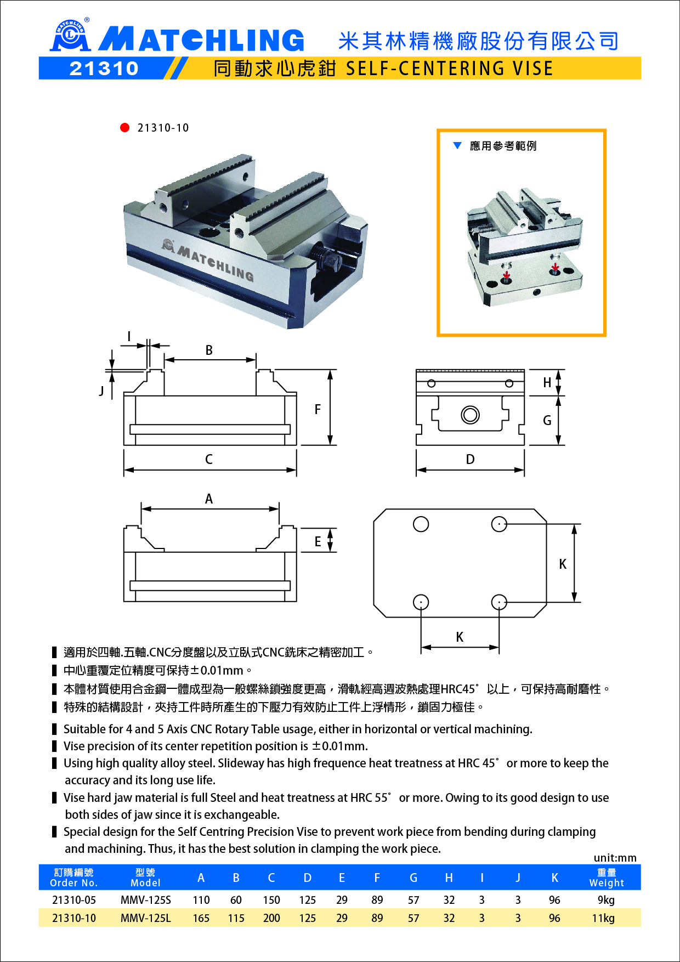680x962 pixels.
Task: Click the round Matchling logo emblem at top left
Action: pos(70,35)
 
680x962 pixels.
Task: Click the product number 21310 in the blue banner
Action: pos(104,69)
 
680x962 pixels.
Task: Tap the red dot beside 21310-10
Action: pos(124,128)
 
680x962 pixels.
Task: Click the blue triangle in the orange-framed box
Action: pos(457,145)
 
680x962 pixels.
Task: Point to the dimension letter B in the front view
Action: pos(209,350)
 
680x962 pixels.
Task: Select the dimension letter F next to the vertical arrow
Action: pos(318,409)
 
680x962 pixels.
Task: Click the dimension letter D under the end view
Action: pos(470,460)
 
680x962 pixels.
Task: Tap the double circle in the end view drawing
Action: pos(470,415)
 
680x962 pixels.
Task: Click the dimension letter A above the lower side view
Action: pos(209,499)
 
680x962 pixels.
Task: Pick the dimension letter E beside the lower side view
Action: pos(318,542)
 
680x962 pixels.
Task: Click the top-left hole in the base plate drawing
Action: pos(421,524)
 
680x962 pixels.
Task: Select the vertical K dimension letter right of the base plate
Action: pos(563,564)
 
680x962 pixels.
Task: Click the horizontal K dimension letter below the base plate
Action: pos(460,637)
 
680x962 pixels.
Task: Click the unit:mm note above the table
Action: pos(615,858)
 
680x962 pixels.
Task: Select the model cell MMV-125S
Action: pos(146,900)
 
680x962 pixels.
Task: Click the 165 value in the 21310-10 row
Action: pos(201,918)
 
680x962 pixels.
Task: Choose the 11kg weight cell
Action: pos(603,918)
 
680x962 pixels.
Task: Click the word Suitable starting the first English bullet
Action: pos(85,729)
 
